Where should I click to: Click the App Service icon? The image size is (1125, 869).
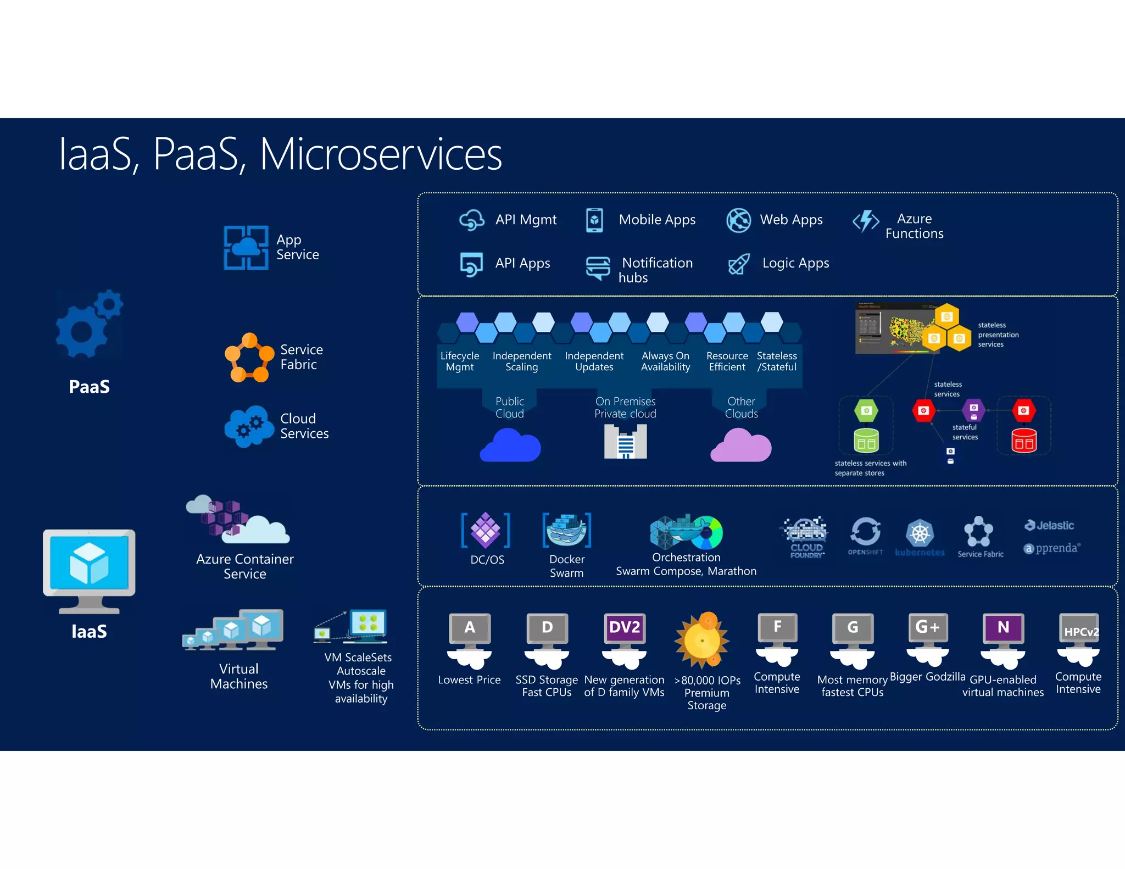246,247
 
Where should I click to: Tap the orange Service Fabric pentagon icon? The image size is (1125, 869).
249,357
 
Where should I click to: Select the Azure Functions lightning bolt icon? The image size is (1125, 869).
866,221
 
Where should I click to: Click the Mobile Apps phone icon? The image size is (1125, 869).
594,220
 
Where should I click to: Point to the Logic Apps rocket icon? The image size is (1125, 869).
738,264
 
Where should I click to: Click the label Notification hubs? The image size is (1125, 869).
656,270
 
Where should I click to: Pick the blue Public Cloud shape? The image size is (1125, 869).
510,445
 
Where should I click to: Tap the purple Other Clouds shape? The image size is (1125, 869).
740,445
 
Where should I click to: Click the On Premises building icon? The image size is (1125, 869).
625,442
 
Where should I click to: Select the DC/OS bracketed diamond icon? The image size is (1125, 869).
486,530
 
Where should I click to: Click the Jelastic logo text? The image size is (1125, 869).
1050,525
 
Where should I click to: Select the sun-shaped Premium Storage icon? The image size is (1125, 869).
702,640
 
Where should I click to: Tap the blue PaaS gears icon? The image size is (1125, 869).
88,324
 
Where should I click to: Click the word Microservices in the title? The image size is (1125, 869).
380,154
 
